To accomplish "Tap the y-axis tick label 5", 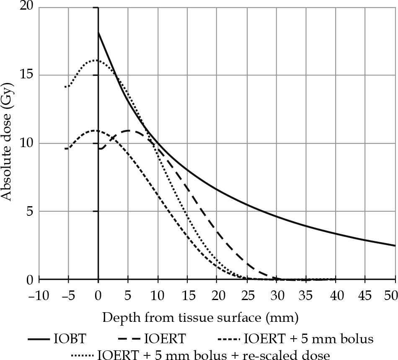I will (29, 211).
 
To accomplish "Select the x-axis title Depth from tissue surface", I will (200, 318).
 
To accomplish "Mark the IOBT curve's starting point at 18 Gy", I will (98, 32).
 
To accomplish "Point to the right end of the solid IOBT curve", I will (395, 246).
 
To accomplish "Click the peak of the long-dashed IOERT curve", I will (128, 131).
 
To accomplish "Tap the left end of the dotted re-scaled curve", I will (65, 87).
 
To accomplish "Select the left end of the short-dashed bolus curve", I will (65, 148).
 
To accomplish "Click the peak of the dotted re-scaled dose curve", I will (96, 60).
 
